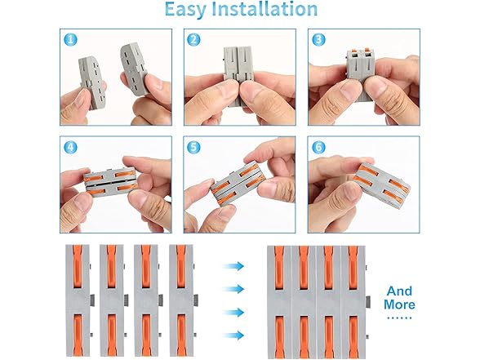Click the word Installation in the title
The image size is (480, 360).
click(x=270, y=11)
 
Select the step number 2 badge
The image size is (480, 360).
click(x=193, y=40)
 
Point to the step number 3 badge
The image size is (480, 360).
click(x=318, y=40)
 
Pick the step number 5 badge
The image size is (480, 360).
click(x=193, y=148)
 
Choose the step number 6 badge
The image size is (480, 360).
click(x=318, y=148)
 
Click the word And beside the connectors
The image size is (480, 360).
click(x=399, y=291)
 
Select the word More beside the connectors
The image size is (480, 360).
click(x=399, y=305)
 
